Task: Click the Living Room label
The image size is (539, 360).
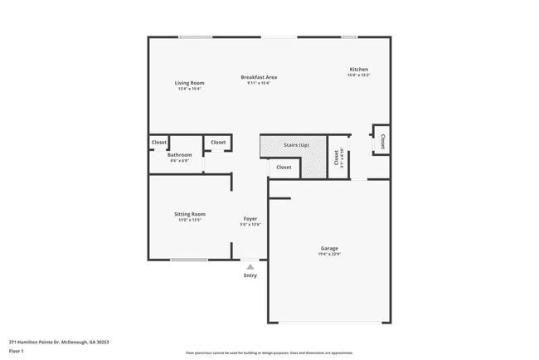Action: (189, 83)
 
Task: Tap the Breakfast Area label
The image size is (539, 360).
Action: (259, 77)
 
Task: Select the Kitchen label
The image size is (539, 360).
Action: (358, 70)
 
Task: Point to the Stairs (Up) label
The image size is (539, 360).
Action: (296, 145)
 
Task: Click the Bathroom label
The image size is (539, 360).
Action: (179, 155)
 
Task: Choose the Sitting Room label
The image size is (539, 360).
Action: (189, 214)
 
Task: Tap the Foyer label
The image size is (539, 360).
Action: (250, 219)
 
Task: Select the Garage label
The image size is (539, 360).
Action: (329, 248)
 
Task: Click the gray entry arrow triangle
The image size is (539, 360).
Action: (250, 266)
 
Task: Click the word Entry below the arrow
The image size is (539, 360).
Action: (250, 275)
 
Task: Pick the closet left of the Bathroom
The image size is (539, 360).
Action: (158, 143)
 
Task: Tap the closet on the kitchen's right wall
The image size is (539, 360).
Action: (382, 141)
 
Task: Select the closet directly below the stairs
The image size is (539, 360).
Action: (284, 168)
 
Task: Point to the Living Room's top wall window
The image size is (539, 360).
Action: (195, 36)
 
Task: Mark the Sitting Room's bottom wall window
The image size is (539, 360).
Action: (189, 260)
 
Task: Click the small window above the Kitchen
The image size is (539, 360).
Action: (349, 36)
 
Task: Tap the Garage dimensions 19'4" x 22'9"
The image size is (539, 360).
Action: (329, 254)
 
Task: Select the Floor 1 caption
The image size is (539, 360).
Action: (17, 351)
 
